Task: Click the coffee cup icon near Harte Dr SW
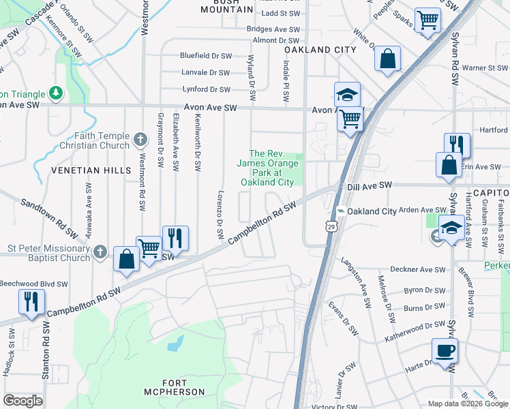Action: (x=445, y=352)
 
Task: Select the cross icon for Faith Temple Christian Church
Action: (x=141, y=140)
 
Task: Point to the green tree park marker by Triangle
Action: (x=56, y=93)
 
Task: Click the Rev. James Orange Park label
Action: (x=266, y=168)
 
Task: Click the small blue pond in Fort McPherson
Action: (x=175, y=342)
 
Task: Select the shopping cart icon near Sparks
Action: (x=427, y=20)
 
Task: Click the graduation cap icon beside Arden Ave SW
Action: (x=451, y=228)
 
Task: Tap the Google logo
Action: (x=22, y=401)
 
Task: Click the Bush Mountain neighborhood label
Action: (x=222, y=6)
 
